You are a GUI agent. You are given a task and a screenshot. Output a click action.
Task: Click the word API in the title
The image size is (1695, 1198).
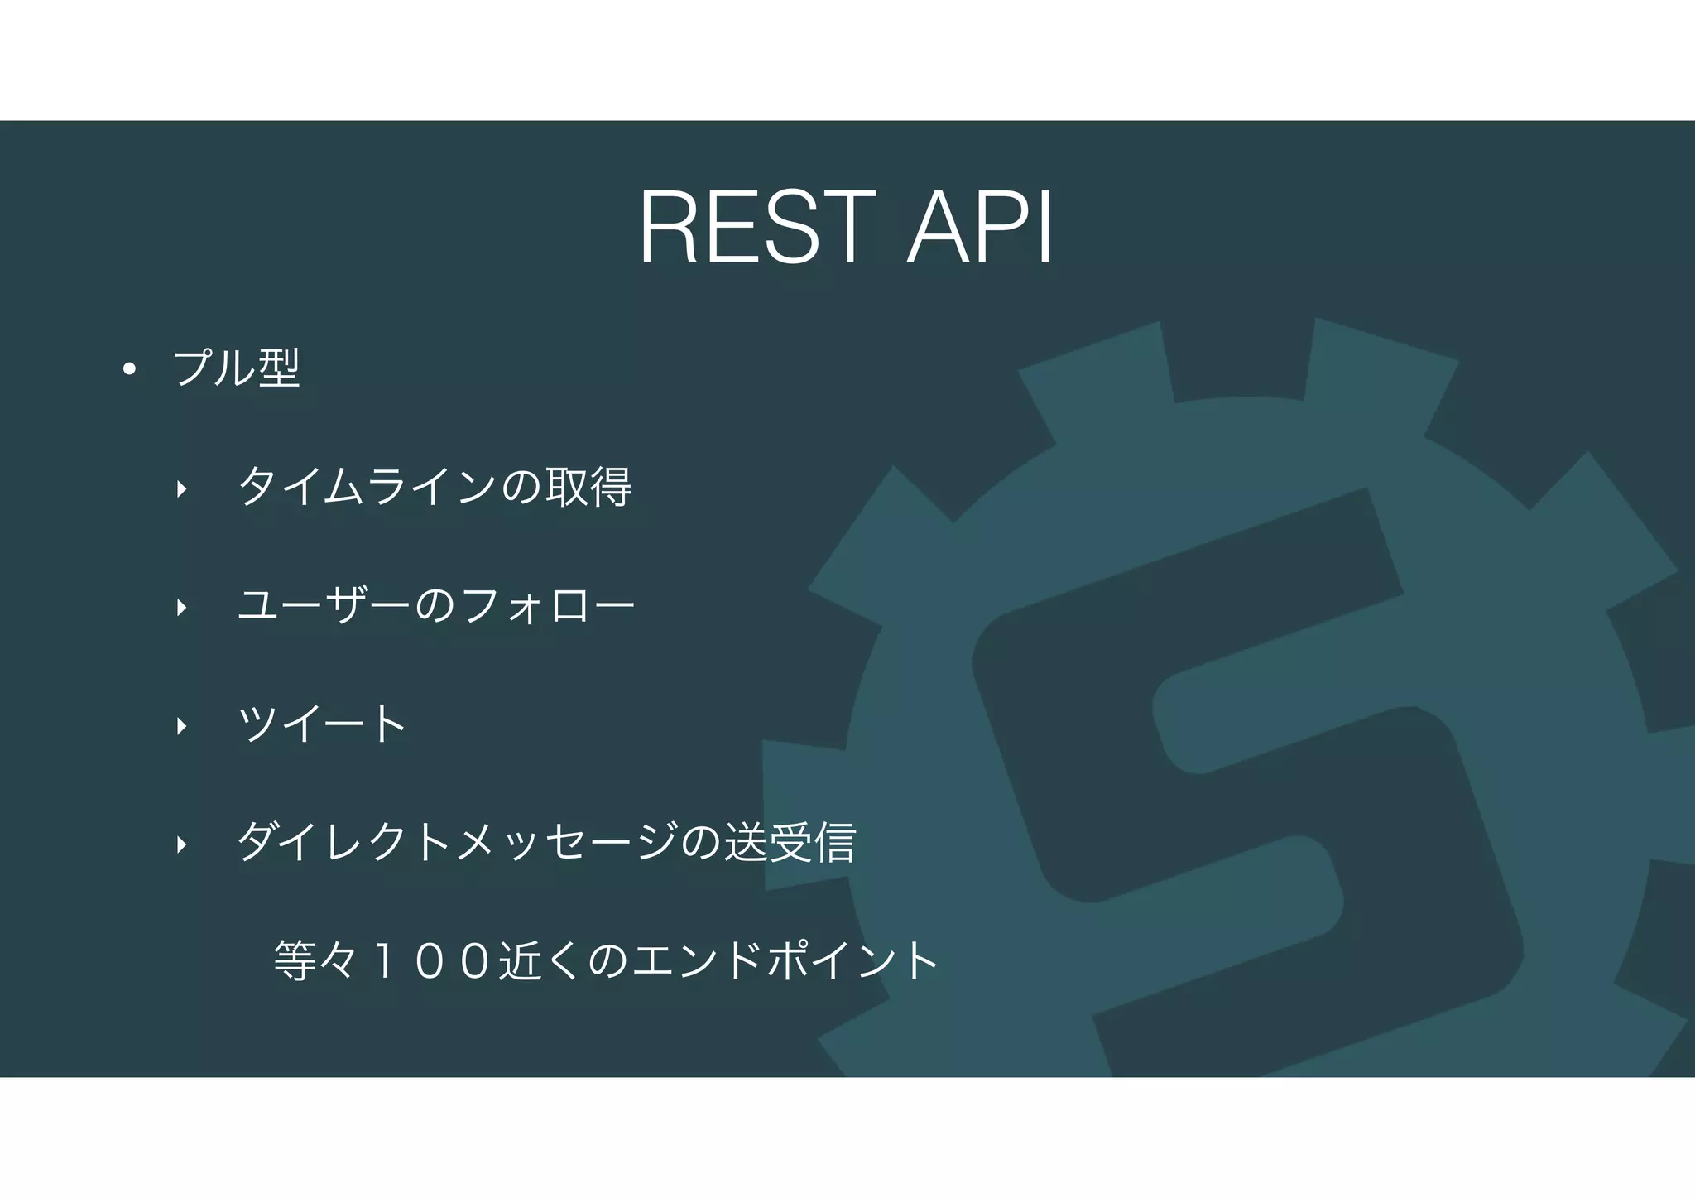point(980,228)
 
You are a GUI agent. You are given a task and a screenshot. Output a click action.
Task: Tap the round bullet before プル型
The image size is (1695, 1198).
point(128,369)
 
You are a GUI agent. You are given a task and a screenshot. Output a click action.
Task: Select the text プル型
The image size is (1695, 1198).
point(237,368)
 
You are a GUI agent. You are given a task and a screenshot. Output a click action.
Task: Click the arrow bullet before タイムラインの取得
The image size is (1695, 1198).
point(181,489)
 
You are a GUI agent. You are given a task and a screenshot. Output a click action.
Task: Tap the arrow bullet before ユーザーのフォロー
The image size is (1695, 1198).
point(181,608)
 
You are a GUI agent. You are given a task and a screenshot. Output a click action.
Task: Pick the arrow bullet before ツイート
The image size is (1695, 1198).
point(181,726)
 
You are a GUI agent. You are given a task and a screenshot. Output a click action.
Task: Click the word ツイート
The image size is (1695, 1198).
point(322,724)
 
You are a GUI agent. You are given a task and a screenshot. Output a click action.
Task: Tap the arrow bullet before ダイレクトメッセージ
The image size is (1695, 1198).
point(181,844)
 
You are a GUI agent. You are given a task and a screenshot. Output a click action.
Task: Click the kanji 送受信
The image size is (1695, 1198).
point(790,842)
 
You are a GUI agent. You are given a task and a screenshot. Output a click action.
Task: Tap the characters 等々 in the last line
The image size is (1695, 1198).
point(315,961)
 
